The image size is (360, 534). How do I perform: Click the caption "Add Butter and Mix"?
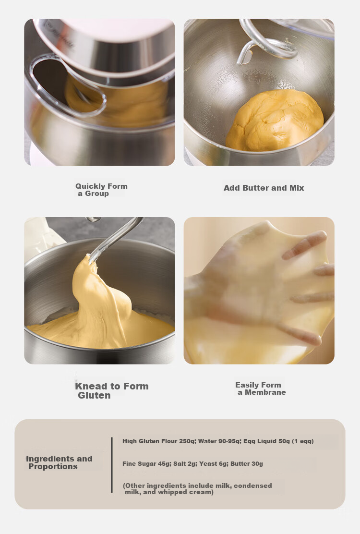[264, 188]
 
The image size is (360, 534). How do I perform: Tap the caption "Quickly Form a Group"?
[101, 190]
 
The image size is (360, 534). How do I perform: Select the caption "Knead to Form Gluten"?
[112, 390]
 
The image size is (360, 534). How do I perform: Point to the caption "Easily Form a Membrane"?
[260, 388]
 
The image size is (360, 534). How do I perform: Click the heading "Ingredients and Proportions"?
[59, 462]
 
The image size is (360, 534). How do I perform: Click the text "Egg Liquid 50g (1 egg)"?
[278, 441]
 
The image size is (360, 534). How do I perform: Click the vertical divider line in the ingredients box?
[112, 465]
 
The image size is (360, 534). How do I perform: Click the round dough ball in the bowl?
[274, 120]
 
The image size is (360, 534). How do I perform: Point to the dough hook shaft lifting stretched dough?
[116, 238]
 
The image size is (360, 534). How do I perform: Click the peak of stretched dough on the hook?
[89, 256]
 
